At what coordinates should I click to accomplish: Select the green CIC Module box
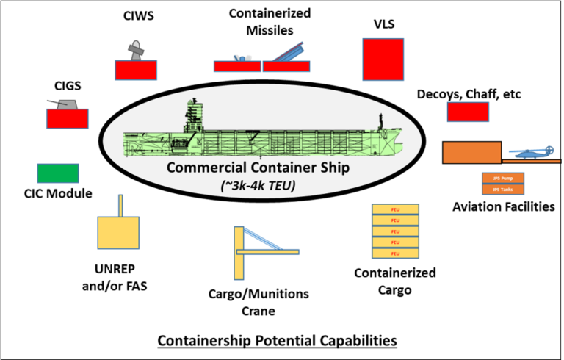(58, 173)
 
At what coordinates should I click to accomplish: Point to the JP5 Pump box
(502, 177)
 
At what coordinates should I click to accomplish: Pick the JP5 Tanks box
(502, 189)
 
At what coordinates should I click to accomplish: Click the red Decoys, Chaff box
(468, 112)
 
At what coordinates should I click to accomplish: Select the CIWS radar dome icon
(134, 54)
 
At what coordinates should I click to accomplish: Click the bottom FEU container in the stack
(395, 253)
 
